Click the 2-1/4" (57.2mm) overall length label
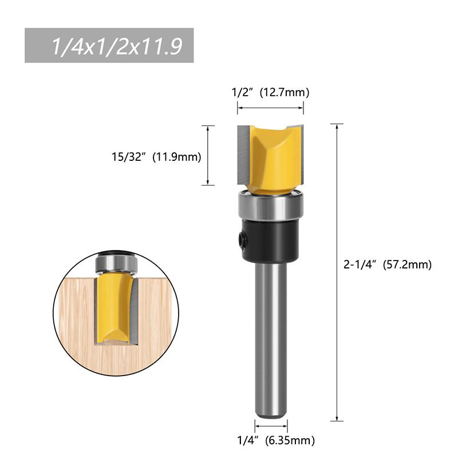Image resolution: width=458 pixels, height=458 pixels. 387,264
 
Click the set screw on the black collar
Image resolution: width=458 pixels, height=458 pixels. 243,236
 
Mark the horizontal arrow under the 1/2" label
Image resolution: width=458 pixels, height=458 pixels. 270,108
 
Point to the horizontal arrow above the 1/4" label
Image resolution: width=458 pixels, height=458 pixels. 271,426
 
